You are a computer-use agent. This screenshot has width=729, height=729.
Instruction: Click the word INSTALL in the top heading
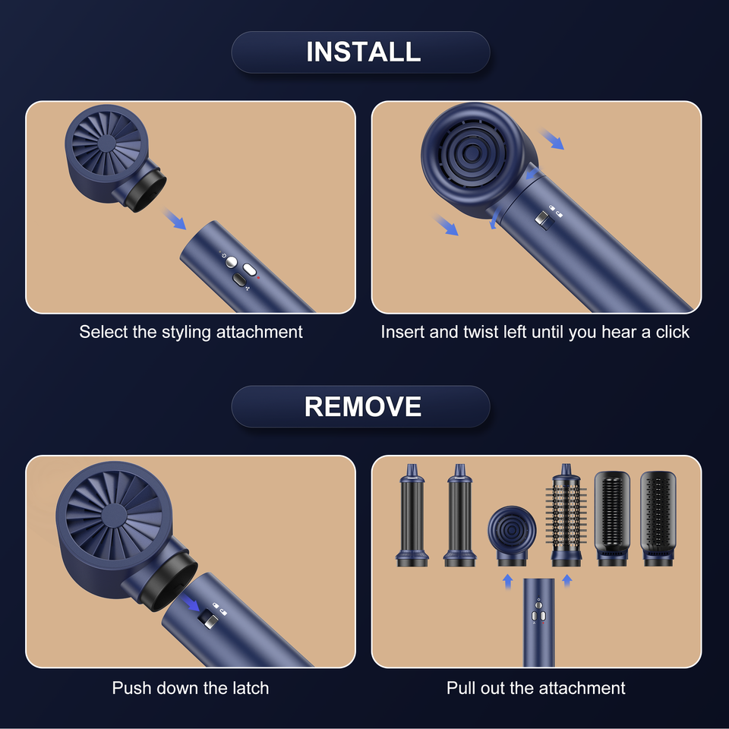coord(363,52)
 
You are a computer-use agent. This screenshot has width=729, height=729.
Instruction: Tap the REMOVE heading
coord(363,406)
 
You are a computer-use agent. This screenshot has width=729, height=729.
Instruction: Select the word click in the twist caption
coord(672,332)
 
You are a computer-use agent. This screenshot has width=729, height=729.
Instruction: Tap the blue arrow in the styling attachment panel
coord(175,219)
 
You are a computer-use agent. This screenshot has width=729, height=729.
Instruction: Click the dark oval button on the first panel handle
coord(239,280)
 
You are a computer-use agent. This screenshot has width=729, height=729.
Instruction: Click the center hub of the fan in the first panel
coord(106,144)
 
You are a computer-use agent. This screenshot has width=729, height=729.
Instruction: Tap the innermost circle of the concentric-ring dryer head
coord(472,153)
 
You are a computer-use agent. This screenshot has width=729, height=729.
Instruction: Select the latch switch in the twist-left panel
coord(542,218)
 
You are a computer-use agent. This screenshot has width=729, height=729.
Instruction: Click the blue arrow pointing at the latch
coord(190,602)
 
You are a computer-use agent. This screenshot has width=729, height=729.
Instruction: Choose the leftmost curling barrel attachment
coord(412,515)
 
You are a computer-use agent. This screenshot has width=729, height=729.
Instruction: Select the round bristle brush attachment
coord(566,515)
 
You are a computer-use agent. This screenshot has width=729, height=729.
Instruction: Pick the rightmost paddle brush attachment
coord(658,519)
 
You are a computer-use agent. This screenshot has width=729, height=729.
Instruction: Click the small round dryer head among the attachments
coord(512,535)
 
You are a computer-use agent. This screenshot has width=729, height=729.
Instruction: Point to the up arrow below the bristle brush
coord(566,581)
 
